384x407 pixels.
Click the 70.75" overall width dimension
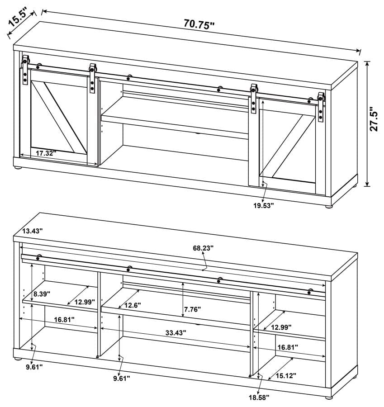(199, 24)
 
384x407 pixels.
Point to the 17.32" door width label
(45, 153)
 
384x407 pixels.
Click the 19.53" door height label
(263, 205)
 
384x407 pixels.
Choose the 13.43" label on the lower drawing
(32, 231)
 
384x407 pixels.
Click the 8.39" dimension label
(42, 293)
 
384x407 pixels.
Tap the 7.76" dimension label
(192, 309)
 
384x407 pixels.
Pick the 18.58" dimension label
(259, 397)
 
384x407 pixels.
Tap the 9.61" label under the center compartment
(121, 378)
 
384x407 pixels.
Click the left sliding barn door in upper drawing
(59, 115)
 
